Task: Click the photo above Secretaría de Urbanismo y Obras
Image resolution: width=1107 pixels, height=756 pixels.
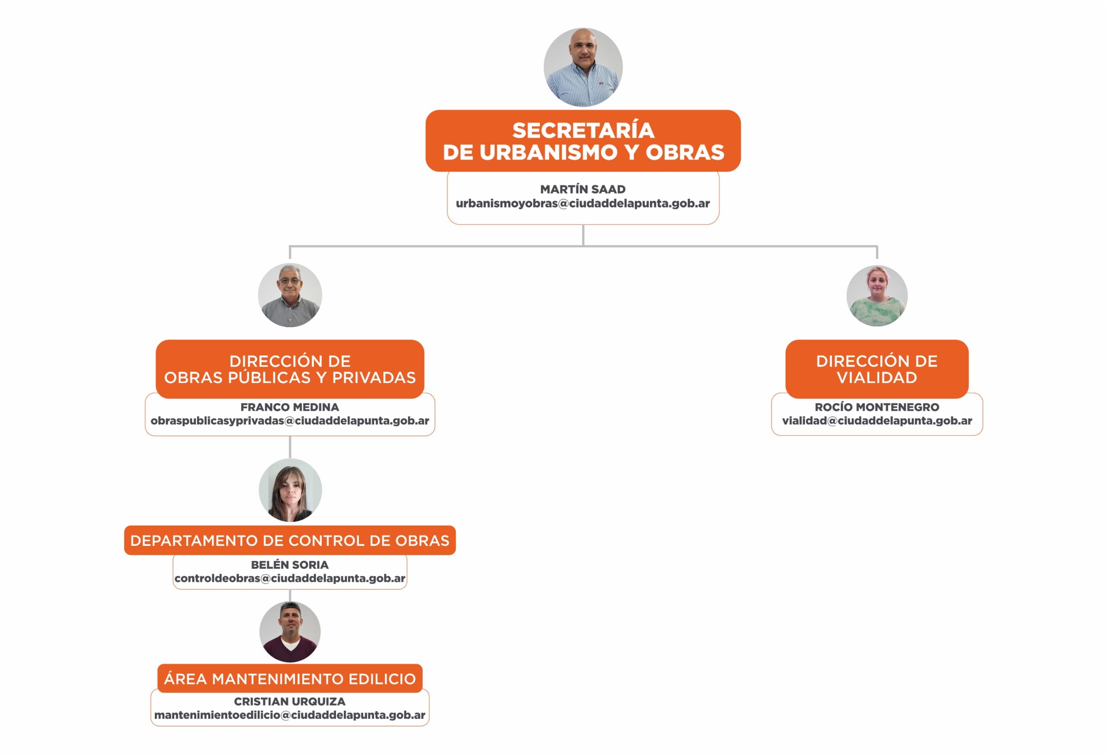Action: pos(582,67)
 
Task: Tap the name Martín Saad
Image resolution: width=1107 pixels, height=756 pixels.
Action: pos(582,189)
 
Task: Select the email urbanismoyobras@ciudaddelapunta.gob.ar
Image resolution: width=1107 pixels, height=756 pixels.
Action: pos(582,203)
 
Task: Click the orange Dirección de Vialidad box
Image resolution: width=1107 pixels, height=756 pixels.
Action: pos(877,369)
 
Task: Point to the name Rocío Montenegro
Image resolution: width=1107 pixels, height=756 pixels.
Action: pos(877,407)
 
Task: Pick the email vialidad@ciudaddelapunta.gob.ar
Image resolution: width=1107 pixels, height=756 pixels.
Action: pos(877,421)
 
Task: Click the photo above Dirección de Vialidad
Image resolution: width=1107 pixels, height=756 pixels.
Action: pos(877,296)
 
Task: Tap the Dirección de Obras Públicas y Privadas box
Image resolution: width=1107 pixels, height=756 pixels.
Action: pos(290,369)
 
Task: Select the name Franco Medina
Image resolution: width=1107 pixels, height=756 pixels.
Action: pos(290,407)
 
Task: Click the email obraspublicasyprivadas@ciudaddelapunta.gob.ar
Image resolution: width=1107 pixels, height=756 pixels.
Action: pos(290,421)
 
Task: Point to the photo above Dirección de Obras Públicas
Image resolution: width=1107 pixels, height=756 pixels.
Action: pos(290,295)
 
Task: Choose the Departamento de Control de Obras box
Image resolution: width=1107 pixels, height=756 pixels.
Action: pos(290,540)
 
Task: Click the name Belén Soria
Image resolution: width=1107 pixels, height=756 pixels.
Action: pos(290,565)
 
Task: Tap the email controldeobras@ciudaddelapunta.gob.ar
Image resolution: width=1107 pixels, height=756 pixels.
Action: pos(290,578)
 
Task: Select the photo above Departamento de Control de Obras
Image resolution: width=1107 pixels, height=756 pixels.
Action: pos(290,490)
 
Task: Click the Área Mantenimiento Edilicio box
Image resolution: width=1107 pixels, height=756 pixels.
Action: pos(290,678)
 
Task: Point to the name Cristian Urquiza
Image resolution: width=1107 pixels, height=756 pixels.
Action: pos(290,701)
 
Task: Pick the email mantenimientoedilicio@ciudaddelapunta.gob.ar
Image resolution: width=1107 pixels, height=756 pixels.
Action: pos(290,715)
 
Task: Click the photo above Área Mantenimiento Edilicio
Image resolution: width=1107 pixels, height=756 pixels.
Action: pos(290,632)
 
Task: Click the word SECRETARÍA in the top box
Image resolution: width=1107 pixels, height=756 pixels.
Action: pos(583,131)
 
